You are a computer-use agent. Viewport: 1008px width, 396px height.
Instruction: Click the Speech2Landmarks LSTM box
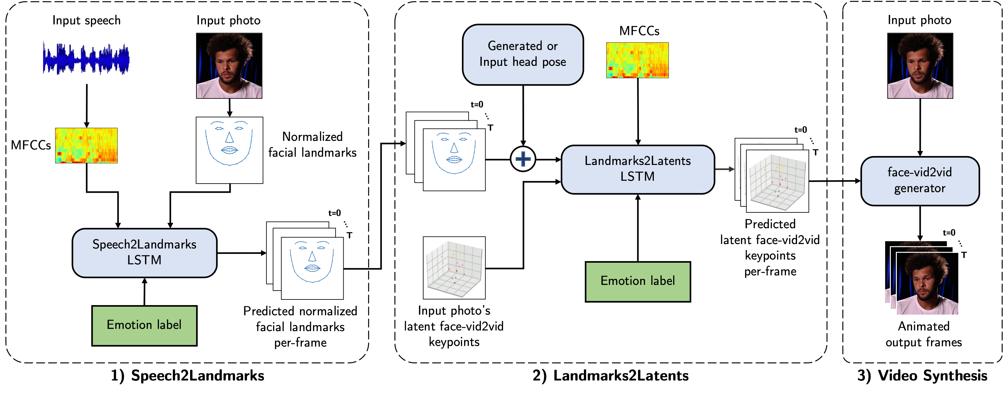144,253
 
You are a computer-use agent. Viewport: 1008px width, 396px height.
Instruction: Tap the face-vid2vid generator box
920,181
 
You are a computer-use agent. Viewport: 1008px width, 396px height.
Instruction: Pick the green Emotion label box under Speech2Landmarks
144,325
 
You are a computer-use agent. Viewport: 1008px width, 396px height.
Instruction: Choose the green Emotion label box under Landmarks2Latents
637,281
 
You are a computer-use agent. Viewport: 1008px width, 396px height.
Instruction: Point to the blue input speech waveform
86,59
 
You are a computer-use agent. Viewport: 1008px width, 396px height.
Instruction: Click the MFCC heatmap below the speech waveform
86,145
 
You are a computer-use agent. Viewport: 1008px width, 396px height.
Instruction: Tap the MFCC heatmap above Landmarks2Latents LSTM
637,60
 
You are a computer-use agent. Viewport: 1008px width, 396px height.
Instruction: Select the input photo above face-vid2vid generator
920,65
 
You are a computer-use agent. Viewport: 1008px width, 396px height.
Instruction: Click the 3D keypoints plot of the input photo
454,268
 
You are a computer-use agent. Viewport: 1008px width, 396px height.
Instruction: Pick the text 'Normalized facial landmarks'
312,145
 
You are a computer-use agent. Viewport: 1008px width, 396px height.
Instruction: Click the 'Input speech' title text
86,20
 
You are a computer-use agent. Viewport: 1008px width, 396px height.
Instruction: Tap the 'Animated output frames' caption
923,334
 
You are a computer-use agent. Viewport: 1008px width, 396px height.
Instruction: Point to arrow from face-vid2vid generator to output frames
920,223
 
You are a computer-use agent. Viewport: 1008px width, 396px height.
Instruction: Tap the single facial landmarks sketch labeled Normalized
229,150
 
